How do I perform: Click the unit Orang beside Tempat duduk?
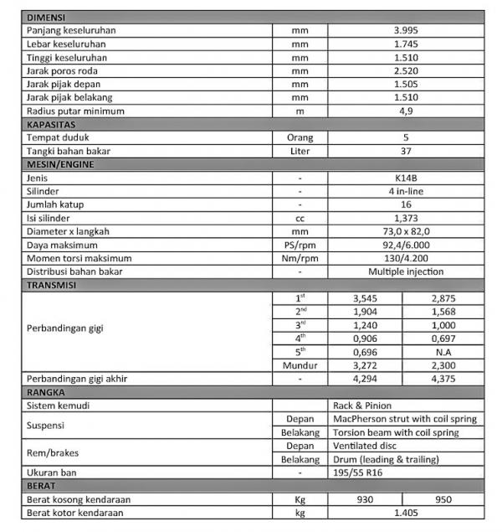coord(300,137)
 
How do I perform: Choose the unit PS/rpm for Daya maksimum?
coord(300,245)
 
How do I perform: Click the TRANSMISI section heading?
coord(52,285)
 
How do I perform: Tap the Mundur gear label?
coord(300,365)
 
